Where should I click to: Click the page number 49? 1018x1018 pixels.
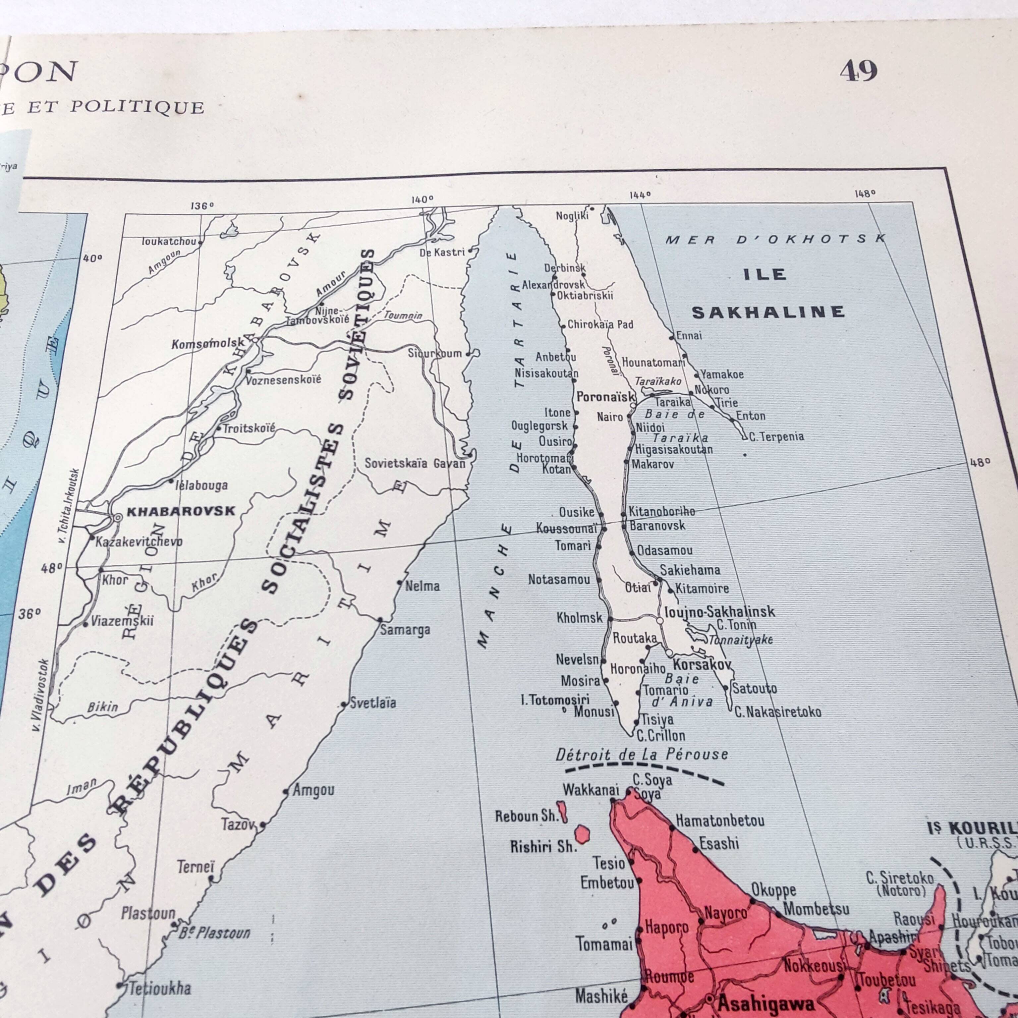[858, 71]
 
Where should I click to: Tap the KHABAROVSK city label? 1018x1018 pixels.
[181, 511]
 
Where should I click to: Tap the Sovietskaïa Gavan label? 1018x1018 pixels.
[415, 463]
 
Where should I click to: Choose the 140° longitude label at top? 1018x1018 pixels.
[423, 199]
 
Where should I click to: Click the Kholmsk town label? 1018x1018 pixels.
[579, 618]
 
